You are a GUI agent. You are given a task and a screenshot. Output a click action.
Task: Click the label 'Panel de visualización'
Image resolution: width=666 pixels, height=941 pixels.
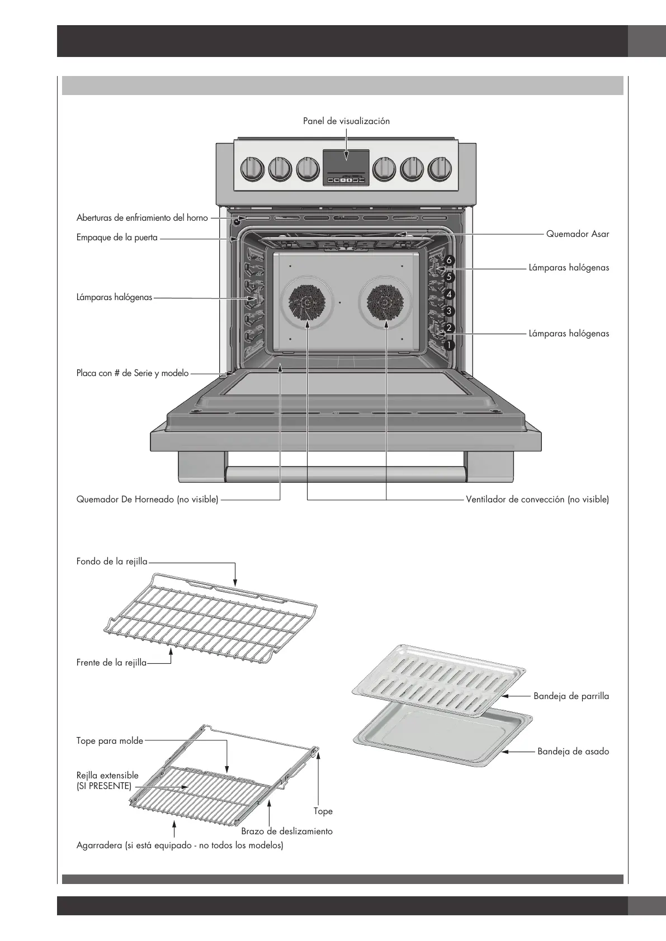346,121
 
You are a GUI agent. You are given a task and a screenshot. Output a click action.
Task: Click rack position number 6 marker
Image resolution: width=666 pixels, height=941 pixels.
450,260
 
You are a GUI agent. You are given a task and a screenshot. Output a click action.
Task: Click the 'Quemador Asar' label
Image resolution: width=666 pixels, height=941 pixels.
577,234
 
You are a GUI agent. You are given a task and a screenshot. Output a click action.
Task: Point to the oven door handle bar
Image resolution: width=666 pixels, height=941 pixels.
346,474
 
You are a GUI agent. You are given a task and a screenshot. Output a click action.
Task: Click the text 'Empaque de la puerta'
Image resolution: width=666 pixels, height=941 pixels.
117,237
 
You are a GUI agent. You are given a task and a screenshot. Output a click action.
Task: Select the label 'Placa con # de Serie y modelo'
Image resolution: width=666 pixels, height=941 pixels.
133,373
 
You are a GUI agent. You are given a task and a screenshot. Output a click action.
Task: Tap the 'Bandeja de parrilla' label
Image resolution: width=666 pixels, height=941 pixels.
571,696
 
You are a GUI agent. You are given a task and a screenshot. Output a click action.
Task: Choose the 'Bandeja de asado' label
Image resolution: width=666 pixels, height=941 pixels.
573,752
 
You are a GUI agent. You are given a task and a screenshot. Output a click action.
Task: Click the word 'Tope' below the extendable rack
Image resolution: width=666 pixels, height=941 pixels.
323,811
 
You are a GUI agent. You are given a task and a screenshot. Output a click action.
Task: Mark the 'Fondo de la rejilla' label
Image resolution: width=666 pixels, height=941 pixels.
112,562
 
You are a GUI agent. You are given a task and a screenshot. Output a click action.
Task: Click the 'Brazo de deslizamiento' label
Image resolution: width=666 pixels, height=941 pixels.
287,831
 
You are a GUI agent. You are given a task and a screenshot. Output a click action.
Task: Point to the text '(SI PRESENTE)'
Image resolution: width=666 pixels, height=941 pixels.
104,786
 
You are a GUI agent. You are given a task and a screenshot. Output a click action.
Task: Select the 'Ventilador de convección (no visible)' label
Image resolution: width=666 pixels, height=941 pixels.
537,500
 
